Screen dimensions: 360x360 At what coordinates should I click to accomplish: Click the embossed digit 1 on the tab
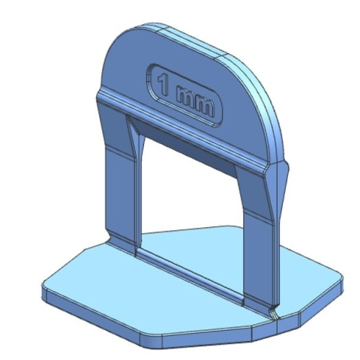tap(163, 84)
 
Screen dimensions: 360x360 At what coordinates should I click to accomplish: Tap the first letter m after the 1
tap(185, 98)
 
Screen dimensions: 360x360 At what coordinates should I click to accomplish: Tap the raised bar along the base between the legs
tap(190, 275)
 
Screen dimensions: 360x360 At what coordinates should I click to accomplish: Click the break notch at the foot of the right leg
tap(274, 313)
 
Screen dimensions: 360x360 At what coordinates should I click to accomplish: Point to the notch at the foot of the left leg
tap(110, 237)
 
